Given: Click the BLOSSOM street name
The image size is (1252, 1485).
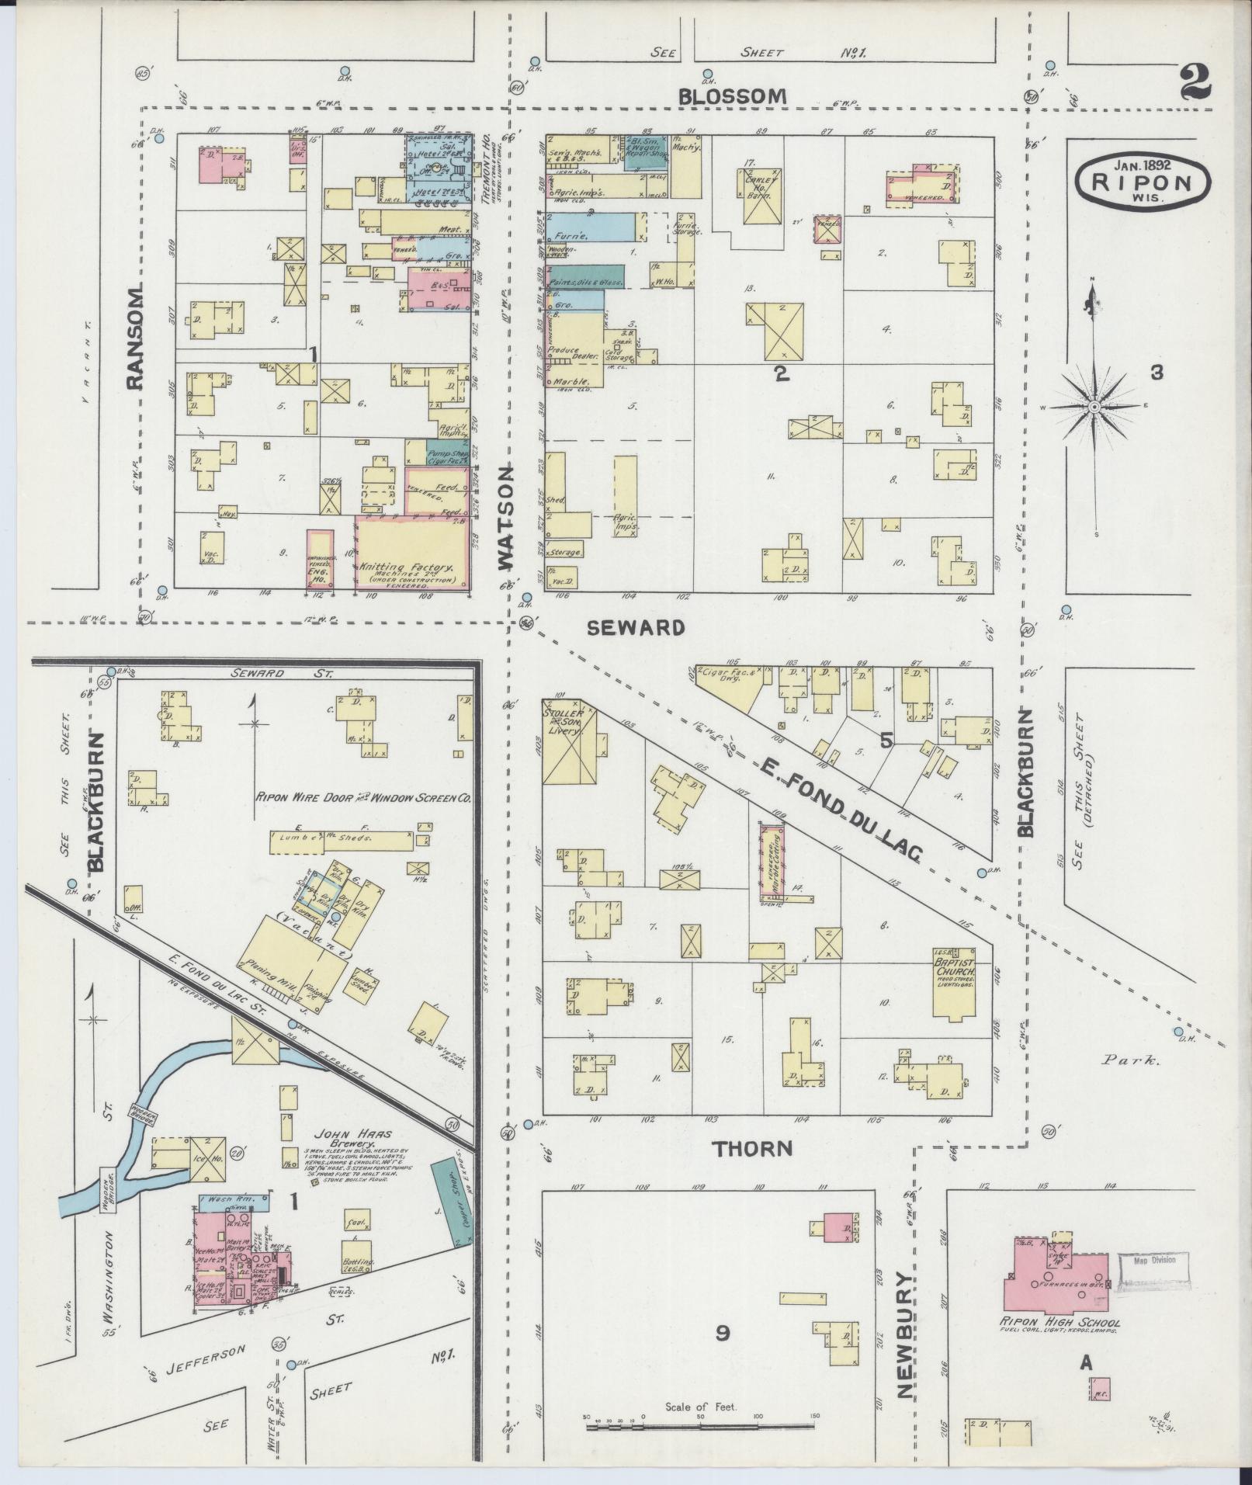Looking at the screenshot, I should (x=732, y=96).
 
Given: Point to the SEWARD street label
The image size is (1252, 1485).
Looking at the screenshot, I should (x=636, y=627).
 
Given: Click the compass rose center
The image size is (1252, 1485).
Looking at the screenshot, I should (x=1094, y=407).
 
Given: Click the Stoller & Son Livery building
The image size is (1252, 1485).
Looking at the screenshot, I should (x=570, y=741).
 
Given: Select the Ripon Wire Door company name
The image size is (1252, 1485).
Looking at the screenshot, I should (x=363, y=797).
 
